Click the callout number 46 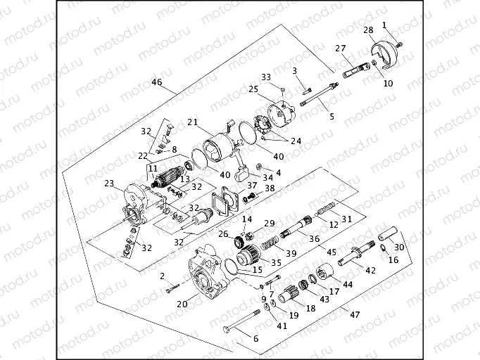pyautogui.click(x=157, y=82)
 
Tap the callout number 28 pyautogui.click(x=368, y=30)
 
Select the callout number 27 pyautogui.click(x=341, y=48)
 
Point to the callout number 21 pyautogui.click(x=191, y=122)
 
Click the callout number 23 pyautogui.click(x=109, y=184)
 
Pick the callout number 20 pyautogui.click(x=182, y=304)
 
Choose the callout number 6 pyautogui.click(x=255, y=339)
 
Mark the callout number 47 pyautogui.click(x=344, y=309)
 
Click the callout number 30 pyautogui.click(x=399, y=247)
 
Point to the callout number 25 pyautogui.click(x=253, y=89)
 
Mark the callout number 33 pyautogui.click(x=266, y=77)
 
